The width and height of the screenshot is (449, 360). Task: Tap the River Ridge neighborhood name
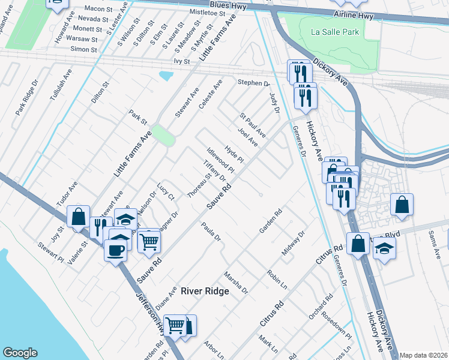click(x=205, y=291)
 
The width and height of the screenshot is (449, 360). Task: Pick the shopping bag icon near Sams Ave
click(x=402, y=205)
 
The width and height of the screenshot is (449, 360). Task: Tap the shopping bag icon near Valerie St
click(x=79, y=216)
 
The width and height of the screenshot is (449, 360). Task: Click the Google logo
click(x=20, y=353)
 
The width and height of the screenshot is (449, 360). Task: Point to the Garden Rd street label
click(x=271, y=221)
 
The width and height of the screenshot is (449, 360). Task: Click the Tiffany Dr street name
click(x=214, y=171)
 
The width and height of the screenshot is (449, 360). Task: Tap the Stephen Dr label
click(x=253, y=82)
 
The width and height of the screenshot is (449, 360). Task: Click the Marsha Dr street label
click(x=235, y=282)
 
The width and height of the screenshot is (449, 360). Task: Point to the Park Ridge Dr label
click(x=27, y=99)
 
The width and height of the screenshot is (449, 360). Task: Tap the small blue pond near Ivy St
click(x=166, y=76)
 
